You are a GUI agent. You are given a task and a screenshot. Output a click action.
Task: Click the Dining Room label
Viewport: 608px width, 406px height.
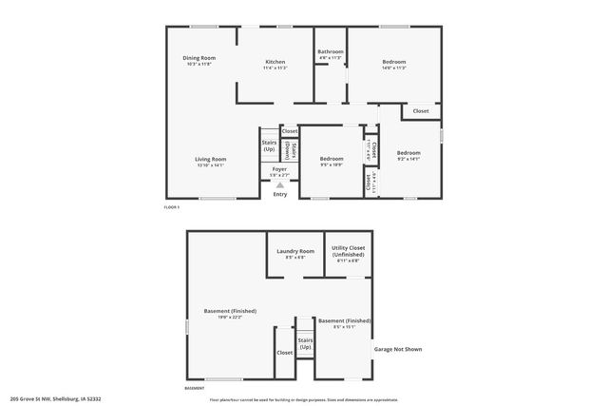coord(199,58)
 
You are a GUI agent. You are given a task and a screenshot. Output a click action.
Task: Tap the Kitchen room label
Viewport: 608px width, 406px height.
coord(275,62)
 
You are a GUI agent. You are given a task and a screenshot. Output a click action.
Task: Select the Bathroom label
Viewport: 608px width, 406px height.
coord(331,51)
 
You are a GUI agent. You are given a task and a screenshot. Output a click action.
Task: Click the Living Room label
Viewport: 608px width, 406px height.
coord(211,159)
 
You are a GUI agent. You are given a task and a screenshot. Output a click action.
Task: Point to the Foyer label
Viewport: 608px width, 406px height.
coord(279,169)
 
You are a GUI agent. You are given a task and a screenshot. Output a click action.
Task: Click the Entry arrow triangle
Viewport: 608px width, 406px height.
coord(279,185)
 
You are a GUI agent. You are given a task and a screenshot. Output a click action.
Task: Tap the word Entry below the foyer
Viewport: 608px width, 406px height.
coord(279,195)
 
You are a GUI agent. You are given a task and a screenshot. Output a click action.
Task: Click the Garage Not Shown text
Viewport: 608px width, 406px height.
coord(398,349)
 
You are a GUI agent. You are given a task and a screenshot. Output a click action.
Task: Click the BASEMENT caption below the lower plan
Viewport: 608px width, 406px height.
coord(194,388)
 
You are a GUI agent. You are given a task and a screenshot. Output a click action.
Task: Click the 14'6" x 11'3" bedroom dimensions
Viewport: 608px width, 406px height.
coord(393,68)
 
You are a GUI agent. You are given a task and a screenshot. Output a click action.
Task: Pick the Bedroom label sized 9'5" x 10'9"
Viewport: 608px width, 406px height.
coord(332,158)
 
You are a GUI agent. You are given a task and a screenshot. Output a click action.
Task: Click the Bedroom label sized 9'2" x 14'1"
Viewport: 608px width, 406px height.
coord(408,153)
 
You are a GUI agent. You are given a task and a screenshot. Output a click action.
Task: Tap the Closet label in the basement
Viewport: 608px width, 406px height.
coord(285,353)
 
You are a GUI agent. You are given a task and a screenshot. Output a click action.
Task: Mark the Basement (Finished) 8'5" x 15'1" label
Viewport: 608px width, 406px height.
coord(344,321)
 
